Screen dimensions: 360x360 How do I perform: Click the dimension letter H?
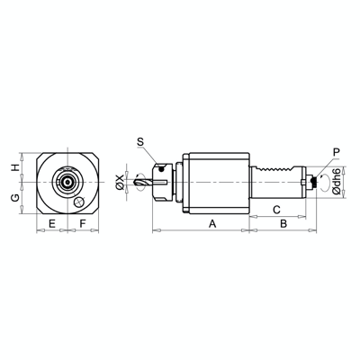point(14,167)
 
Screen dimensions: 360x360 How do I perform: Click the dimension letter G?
point(14,196)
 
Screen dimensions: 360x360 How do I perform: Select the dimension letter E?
point(51,221)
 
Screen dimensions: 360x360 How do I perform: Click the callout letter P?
point(336,152)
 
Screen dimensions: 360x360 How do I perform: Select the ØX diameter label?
point(121,184)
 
